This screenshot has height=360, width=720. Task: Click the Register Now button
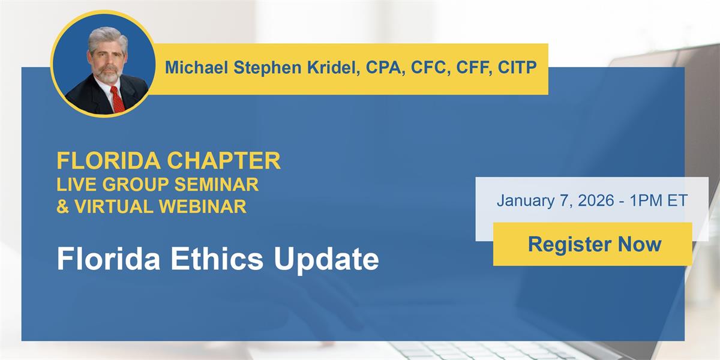pyautogui.click(x=592, y=244)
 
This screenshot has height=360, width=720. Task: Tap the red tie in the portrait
pyautogui.click(x=118, y=100)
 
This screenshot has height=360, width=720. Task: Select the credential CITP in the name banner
pyautogui.click(x=517, y=67)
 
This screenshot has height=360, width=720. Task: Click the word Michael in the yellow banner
pyautogui.click(x=196, y=68)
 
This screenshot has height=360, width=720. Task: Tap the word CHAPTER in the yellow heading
pyautogui.click(x=224, y=160)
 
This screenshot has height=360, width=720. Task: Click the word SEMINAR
pyautogui.click(x=217, y=184)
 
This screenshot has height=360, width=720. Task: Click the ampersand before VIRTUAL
pyautogui.click(x=62, y=206)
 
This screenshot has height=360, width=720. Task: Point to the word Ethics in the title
pyautogui.click(x=217, y=259)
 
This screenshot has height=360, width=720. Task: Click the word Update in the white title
pyautogui.click(x=326, y=260)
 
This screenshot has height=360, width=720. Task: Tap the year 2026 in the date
pyautogui.click(x=596, y=200)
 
